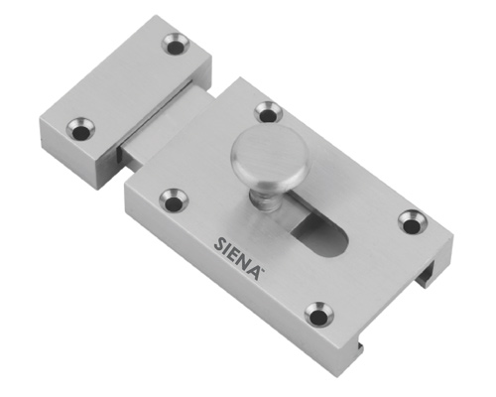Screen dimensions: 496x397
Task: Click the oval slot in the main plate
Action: pyautogui.click(x=320, y=233)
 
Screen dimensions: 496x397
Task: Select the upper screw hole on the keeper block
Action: pyautogui.click(x=177, y=44)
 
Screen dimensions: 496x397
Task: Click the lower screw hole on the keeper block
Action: pyautogui.click(x=80, y=129)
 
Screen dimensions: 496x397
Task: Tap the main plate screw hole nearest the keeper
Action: pyautogui.click(x=268, y=112)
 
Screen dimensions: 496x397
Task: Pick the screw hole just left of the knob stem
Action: pyautogui.click(x=174, y=200)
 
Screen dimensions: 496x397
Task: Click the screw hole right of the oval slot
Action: pyautogui.click(x=413, y=221)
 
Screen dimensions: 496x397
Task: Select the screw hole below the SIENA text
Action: pyautogui.click(x=318, y=314)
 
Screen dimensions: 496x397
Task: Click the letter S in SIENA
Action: pyautogui.click(x=220, y=244)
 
